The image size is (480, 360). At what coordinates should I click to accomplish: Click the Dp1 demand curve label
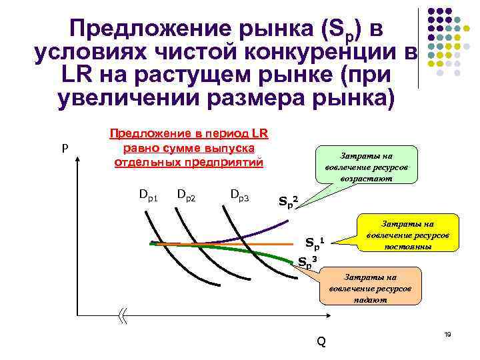pyautogui.click(x=148, y=195)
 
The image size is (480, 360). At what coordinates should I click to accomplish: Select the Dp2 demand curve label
pyautogui.click(x=186, y=195)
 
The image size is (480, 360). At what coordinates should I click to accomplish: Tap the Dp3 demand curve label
pyautogui.click(x=239, y=195)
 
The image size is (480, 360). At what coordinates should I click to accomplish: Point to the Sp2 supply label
pyautogui.click(x=288, y=199)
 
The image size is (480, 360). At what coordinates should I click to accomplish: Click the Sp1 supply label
pyautogui.click(x=314, y=242)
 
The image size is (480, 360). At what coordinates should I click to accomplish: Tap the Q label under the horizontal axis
pyautogui.click(x=321, y=342)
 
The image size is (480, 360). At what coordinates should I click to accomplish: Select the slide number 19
pyautogui.click(x=447, y=333)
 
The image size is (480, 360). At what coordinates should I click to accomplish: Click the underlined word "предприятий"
pyautogui.click(x=226, y=162)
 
